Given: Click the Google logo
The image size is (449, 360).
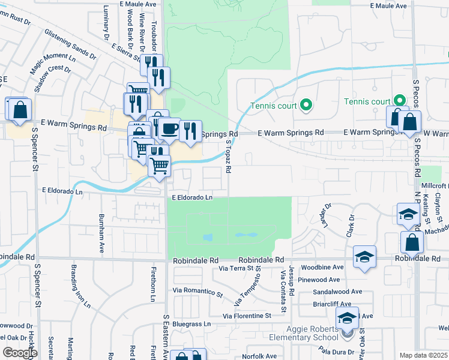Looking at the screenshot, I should point(20,352).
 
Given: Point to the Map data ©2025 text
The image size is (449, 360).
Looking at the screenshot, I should point(424,355).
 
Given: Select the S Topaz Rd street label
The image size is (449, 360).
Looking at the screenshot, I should point(229,157).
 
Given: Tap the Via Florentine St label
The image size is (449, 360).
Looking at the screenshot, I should point(247,316).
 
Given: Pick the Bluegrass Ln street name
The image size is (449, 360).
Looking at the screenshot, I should point(192,324).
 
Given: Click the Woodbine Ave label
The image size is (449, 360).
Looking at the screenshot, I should point(323,267).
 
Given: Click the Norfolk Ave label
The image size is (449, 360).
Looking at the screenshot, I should point(260,356).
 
